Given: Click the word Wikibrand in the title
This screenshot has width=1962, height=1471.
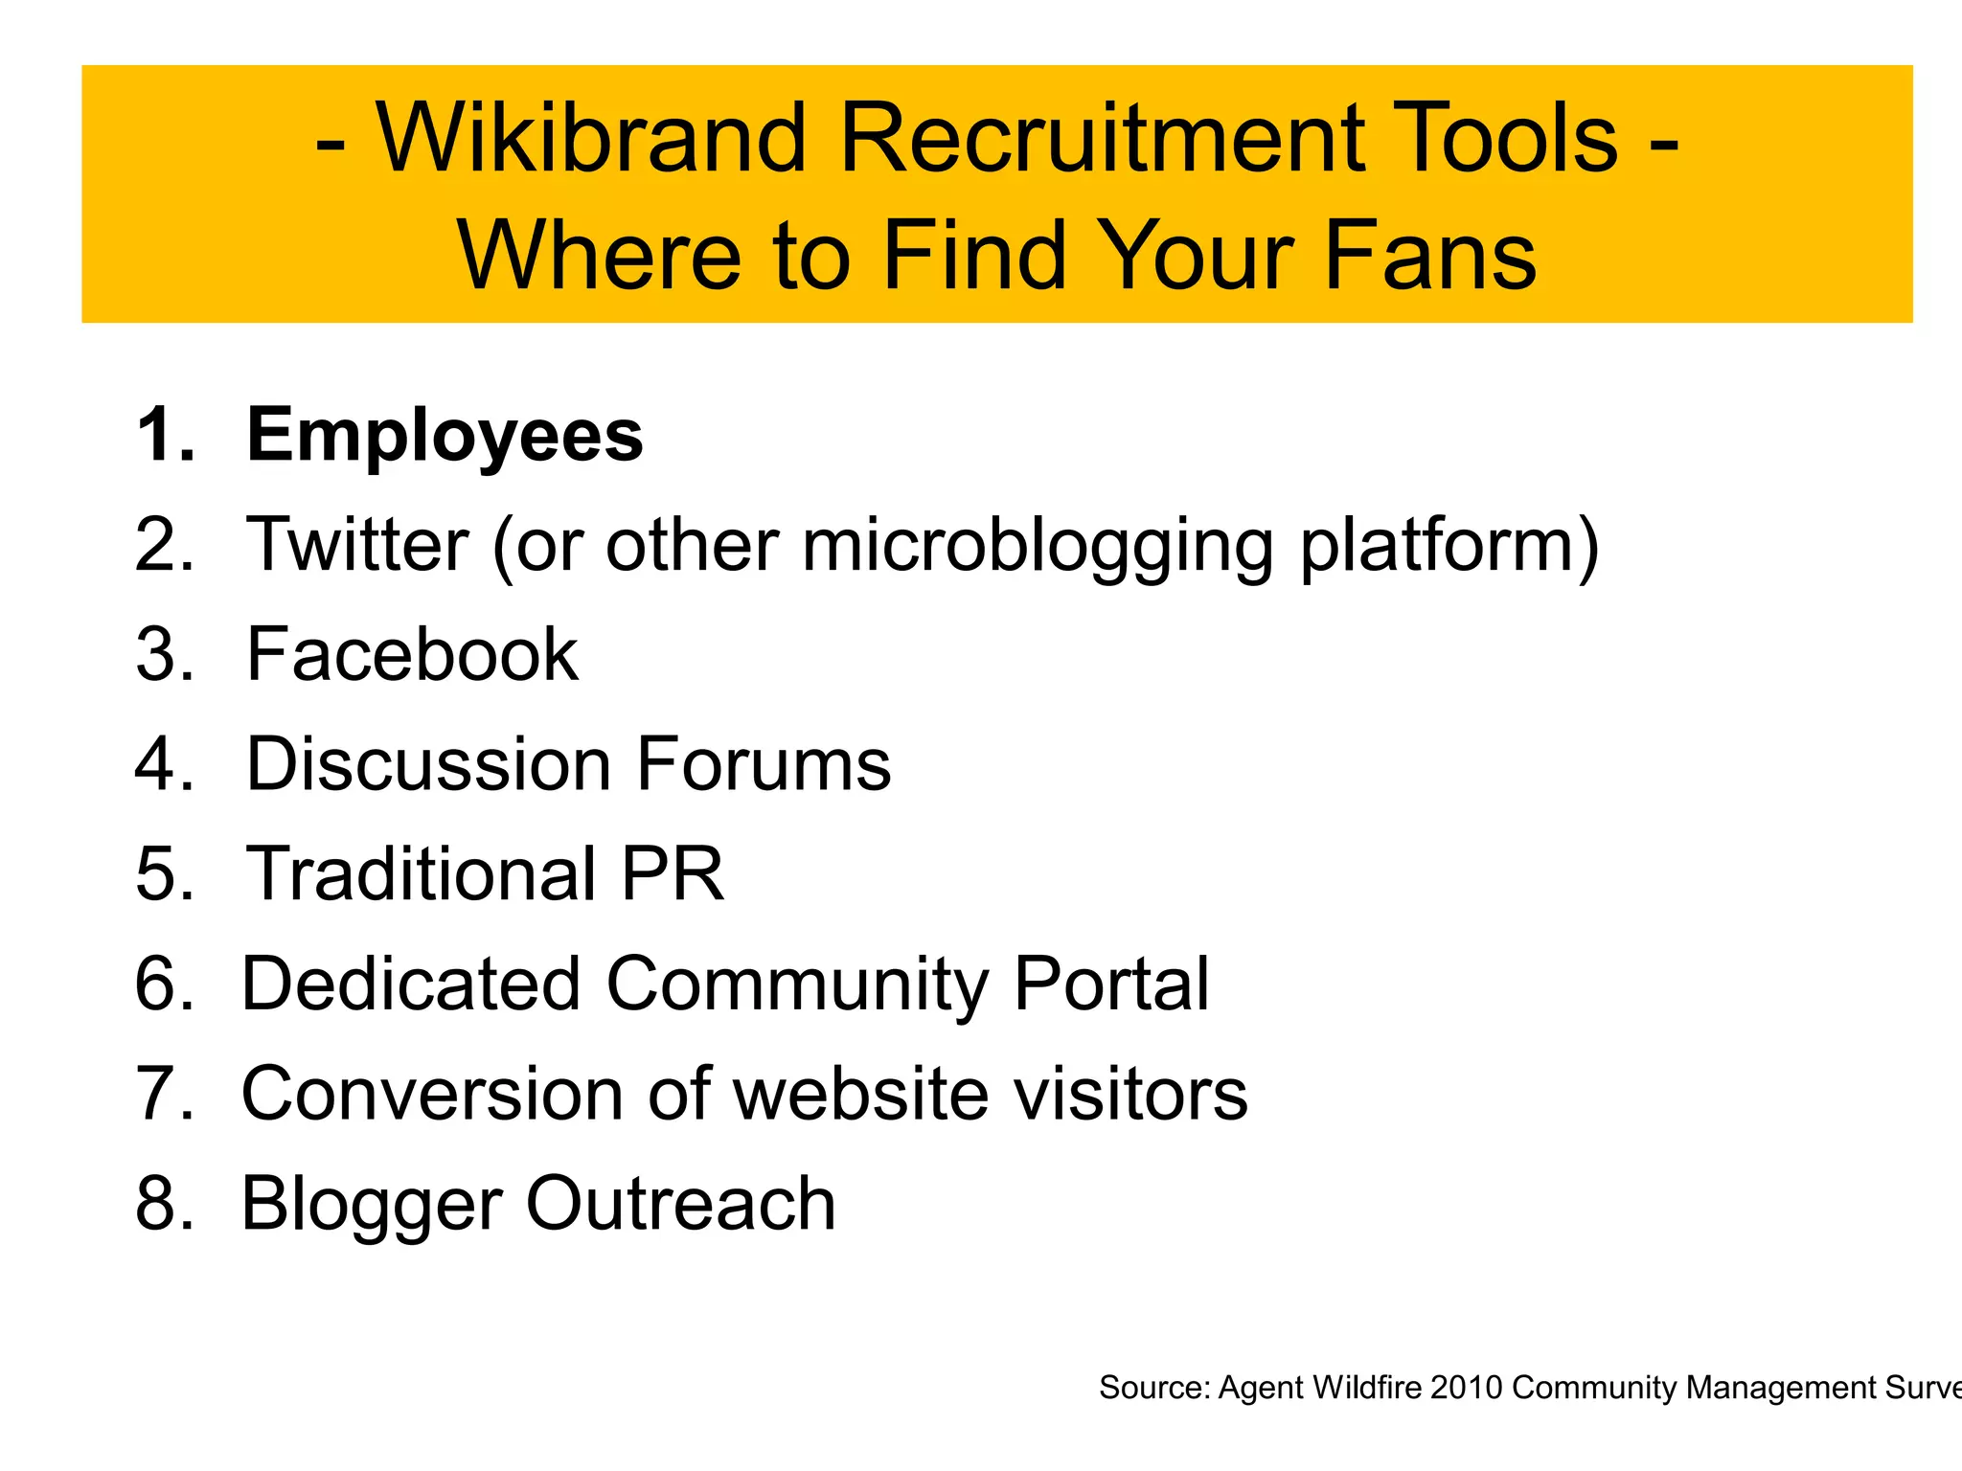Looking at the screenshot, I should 591,139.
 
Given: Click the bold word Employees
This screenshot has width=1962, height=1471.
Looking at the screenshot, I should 445,436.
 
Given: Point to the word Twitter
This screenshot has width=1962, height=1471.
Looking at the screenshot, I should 358,545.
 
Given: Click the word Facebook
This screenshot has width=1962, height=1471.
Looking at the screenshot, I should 412,655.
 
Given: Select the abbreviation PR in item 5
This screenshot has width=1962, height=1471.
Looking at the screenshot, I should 672,874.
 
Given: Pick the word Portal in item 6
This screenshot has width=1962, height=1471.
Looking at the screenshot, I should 1111,984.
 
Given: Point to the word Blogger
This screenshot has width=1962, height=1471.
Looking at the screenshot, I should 371,1206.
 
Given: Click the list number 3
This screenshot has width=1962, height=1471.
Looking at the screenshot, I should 164,655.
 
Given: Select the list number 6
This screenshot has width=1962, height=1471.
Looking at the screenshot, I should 164,984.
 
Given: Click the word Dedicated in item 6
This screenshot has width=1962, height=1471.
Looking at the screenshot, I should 411,984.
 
